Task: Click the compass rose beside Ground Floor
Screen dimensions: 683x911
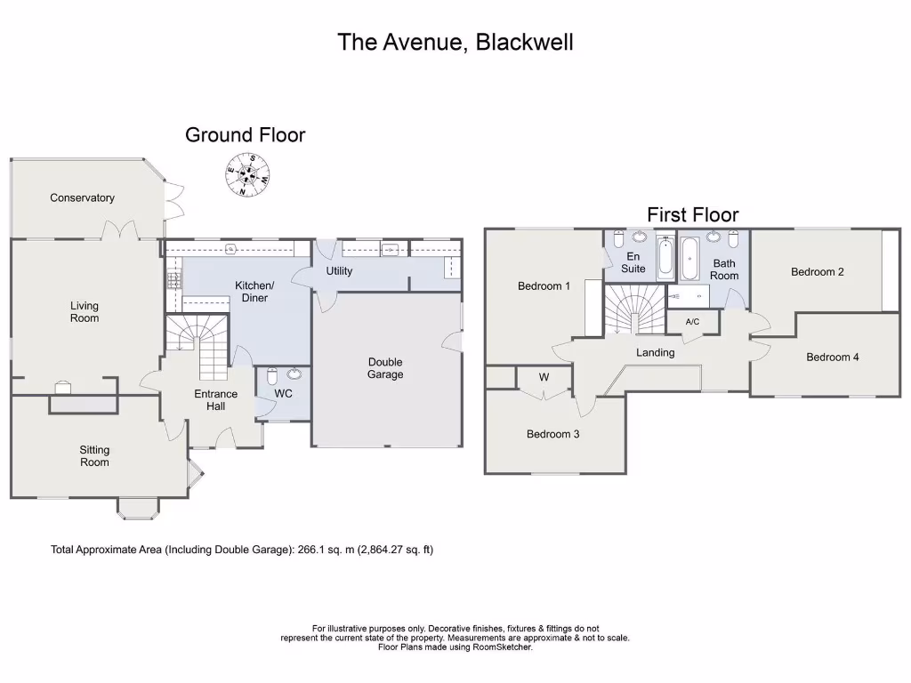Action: pos(246,175)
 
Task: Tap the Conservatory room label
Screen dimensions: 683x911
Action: pos(82,198)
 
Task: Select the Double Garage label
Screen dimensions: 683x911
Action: pos(385,368)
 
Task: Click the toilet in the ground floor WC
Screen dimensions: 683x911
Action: pos(273,375)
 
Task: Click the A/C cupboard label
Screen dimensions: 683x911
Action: pos(692,322)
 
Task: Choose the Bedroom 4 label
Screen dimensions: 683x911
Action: pos(833,358)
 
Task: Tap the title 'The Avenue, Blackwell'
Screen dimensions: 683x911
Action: pos(455,42)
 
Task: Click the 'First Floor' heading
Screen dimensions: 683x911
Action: pos(692,214)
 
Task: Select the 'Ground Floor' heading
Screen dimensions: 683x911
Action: pos(245,135)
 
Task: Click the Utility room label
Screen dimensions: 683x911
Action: pos(339,271)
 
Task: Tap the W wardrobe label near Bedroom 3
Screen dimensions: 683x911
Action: pos(544,377)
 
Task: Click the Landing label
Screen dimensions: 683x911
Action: pos(655,353)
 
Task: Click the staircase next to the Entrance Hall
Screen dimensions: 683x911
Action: pos(198,345)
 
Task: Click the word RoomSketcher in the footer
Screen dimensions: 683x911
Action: pos(501,647)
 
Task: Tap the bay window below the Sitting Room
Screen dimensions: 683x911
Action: pos(138,508)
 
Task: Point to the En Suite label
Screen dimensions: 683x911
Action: pos(633,262)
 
